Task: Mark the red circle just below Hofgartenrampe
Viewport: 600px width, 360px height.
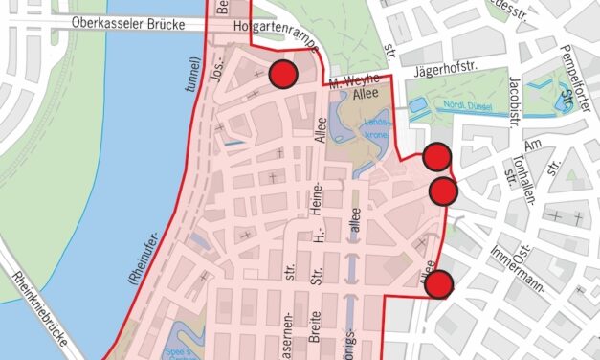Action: [x=282, y=75]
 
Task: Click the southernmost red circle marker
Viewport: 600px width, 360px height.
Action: [x=438, y=285]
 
